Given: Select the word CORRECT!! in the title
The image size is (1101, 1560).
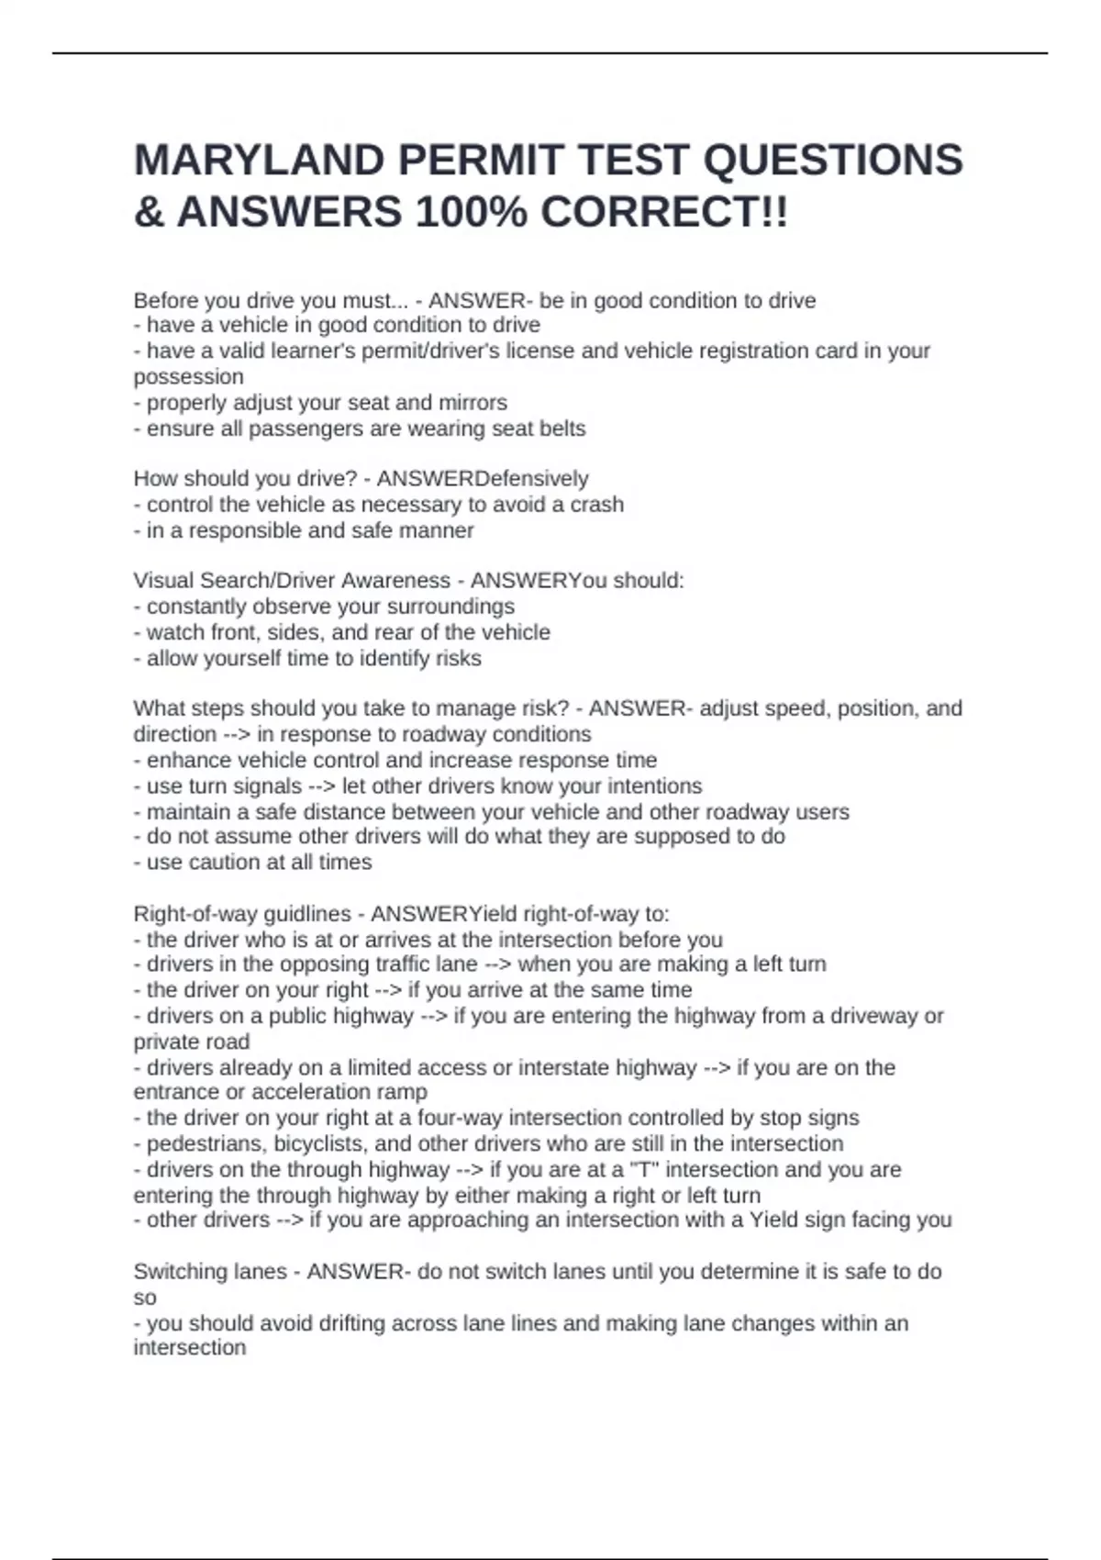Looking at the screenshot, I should click(x=663, y=213).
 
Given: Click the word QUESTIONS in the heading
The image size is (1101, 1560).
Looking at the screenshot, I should click(x=832, y=161).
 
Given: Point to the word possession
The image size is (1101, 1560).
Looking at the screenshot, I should click(x=188, y=377).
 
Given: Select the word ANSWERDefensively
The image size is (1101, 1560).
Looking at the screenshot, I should click(x=483, y=479).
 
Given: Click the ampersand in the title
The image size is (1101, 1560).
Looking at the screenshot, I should click(x=149, y=213).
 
